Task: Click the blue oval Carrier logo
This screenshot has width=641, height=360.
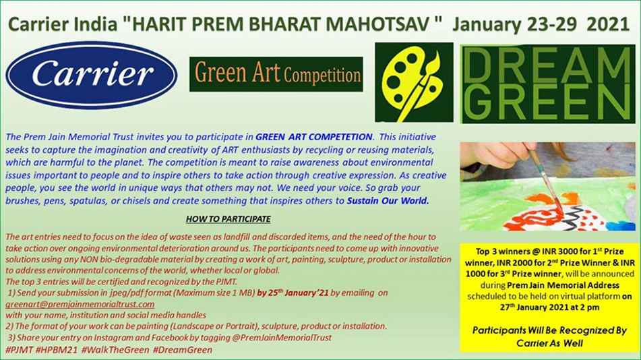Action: [x=92, y=75]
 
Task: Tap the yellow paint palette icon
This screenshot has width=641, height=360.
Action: [x=412, y=82]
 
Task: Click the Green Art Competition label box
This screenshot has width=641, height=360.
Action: [x=276, y=74]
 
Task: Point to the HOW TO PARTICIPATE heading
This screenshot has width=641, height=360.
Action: [x=228, y=219]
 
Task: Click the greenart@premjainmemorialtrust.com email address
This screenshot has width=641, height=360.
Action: [x=80, y=304]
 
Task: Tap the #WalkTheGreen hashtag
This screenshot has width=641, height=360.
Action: [x=115, y=350]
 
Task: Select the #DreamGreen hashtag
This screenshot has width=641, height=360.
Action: [x=183, y=350]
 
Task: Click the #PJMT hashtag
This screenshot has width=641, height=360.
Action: [x=20, y=350]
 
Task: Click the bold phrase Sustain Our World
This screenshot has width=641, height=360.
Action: [x=388, y=201]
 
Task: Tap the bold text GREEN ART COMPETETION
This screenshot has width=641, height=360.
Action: [x=314, y=137]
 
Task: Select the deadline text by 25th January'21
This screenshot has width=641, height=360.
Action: [x=293, y=293]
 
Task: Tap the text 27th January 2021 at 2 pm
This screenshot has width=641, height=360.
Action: [x=550, y=307]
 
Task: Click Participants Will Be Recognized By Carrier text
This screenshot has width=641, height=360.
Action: [x=549, y=336]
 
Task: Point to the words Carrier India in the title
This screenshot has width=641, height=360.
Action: [x=63, y=24]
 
